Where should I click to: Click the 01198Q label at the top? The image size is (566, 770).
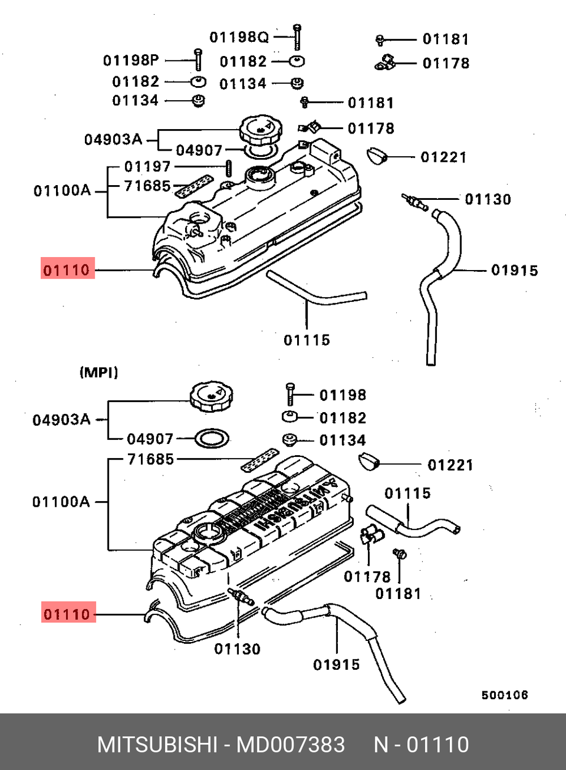point(239,37)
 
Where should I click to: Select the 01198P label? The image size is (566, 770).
point(131,60)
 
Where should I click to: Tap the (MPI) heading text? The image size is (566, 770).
point(98,372)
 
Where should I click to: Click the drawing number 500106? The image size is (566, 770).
point(504,695)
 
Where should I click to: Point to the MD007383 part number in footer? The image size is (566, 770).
point(290,744)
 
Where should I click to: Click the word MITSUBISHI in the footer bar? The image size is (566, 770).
point(157,744)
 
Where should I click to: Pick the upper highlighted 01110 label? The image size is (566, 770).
point(67,269)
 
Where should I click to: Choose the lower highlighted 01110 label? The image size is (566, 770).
point(68,614)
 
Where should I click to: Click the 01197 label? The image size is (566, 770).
point(147,166)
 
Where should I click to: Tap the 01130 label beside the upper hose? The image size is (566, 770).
point(488,199)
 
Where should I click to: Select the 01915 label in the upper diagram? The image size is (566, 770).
point(514,270)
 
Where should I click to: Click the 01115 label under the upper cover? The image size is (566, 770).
point(307,340)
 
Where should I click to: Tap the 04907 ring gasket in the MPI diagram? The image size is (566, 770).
point(212,438)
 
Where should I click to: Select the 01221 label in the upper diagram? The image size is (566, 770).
point(443,157)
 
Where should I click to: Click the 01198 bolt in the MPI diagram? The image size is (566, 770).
point(290,393)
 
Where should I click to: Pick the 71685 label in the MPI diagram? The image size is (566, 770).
point(151,459)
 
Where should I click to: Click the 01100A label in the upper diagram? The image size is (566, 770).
point(62,190)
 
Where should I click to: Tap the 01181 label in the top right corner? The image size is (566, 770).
point(445,39)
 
